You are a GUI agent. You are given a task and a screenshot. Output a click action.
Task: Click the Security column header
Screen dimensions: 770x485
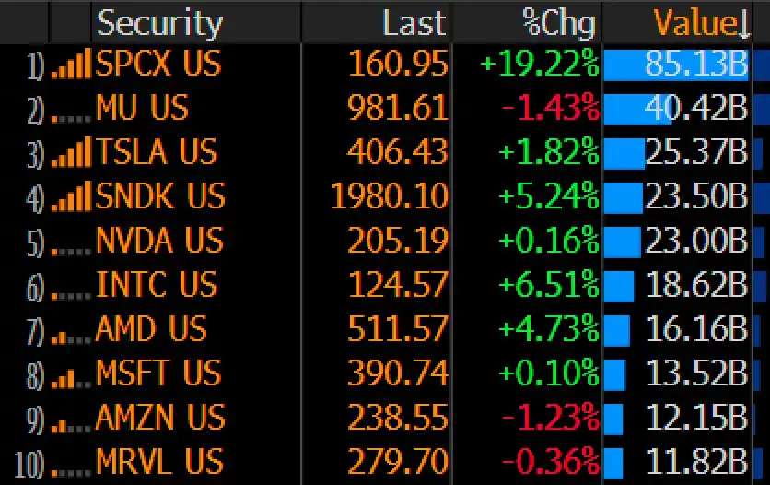point(159,23)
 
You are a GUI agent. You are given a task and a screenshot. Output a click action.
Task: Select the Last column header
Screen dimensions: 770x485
point(414,23)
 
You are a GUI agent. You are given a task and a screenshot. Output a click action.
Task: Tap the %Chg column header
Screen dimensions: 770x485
point(558,23)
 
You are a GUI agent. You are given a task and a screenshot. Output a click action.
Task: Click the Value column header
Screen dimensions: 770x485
point(701,23)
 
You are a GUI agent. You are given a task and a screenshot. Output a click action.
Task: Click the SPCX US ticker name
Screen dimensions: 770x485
point(158,64)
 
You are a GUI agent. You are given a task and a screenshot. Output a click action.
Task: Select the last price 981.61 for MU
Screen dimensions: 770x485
point(398,108)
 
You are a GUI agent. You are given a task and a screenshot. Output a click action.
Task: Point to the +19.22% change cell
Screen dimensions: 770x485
point(539,64)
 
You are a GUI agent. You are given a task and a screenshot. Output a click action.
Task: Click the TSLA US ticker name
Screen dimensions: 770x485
point(157,151)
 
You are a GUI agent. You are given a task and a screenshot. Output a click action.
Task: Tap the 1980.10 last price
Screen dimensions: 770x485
point(390,195)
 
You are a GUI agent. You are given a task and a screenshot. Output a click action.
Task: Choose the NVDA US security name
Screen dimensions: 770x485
point(159,240)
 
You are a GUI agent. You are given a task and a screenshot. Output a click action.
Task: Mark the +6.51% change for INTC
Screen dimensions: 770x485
point(549,284)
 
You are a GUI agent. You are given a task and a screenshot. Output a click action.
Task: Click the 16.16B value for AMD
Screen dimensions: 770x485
point(697,328)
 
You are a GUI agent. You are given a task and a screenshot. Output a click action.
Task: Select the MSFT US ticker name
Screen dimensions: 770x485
point(158,373)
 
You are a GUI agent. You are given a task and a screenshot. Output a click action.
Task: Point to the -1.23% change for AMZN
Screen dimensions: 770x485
point(551,417)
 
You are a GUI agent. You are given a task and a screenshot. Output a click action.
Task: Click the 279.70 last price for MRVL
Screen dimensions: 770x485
point(398,461)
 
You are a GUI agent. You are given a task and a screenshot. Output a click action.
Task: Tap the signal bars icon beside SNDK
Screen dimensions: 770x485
point(71,196)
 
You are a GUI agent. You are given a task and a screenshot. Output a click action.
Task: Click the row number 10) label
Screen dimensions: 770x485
point(29,465)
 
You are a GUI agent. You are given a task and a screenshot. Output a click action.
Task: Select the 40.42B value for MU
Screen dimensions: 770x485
point(695,108)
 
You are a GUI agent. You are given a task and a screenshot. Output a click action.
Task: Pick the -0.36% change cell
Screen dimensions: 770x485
point(551,461)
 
